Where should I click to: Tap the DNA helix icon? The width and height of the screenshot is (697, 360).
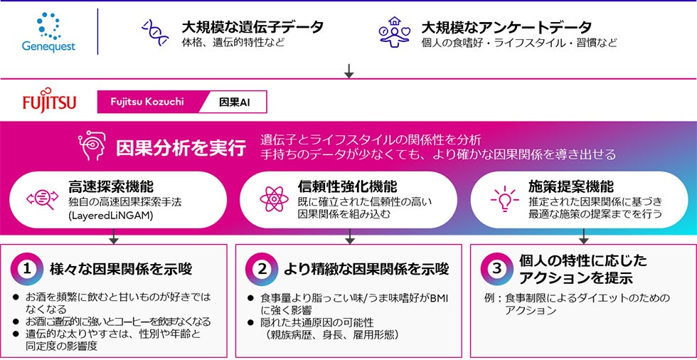coord(155,33)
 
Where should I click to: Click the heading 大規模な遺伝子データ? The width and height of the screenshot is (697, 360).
coord(252,27)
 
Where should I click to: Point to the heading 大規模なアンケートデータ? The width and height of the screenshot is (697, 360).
coord(506,27)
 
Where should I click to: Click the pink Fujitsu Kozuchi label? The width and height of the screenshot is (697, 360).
coord(147,102)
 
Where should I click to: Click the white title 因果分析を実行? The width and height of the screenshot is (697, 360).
coord(181,148)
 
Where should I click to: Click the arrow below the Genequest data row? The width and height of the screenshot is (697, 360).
coord(348,70)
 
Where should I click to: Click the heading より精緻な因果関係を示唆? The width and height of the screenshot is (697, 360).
coord(366,270)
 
